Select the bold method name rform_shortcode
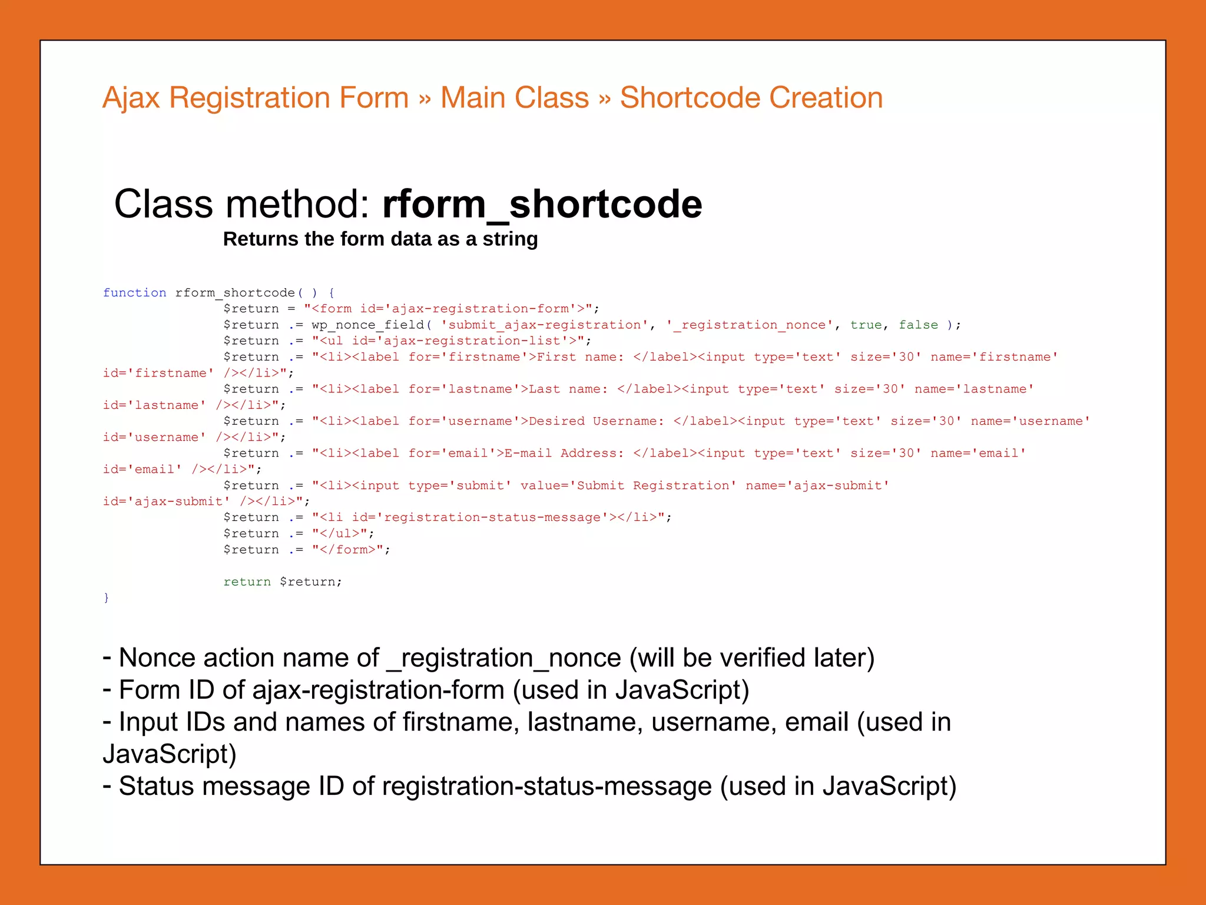(x=542, y=204)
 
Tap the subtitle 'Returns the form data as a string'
(x=380, y=239)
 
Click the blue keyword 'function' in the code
(x=134, y=293)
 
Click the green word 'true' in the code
(x=866, y=325)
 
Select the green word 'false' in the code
(x=918, y=325)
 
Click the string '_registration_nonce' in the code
(x=750, y=325)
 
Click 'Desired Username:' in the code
(x=596, y=421)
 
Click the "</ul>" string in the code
(x=343, y=533)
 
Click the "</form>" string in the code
(x=351, y=550)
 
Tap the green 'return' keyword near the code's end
(x=247, y=582)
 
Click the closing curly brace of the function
(x=106, y=597)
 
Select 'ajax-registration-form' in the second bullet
(x=378, y=690)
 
